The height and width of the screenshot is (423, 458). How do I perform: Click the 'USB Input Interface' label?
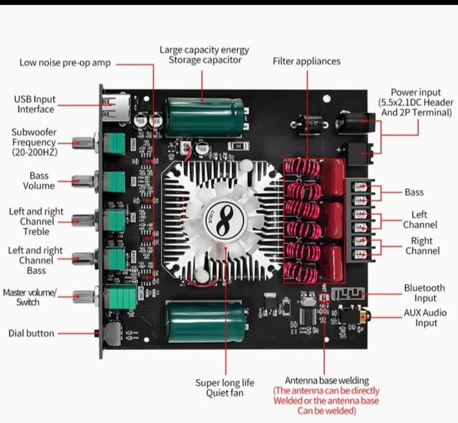(35, 104)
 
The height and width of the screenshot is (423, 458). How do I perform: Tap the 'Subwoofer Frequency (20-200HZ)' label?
(34, 142)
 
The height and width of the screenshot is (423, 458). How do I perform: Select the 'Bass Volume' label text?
(39, 180)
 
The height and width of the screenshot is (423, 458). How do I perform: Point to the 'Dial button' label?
(31, 334)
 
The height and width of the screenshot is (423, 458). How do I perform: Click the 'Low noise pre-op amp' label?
(65, 64)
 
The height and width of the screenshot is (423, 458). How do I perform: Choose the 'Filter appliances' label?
(307, 62)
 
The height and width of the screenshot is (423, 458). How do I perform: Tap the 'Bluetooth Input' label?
(424, 293)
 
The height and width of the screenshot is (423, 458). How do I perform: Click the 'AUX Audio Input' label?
(426, 318)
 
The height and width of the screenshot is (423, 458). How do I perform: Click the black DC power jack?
(354, 122)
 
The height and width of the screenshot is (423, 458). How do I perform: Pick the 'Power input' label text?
(415, 102)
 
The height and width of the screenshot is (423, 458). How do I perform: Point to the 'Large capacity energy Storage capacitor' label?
(205, 55)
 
